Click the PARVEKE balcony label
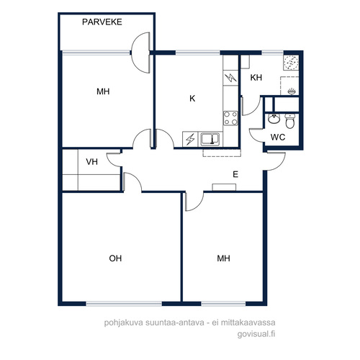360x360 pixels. point(102,22)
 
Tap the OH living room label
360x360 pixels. point(115,258)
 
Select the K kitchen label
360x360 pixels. point(192,99)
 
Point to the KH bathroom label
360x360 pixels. point(256,78)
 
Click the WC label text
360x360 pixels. point(278,138)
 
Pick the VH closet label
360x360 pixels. point(91,162)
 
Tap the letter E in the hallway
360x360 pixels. point(235,174)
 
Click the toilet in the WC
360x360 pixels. point(290,121)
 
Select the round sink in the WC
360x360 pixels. point(274,119)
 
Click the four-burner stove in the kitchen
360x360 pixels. point(230,118)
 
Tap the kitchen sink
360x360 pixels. point(210,139)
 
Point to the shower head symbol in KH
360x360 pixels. point(292,91)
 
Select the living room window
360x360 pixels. point(124,304)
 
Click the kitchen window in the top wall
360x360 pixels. point(198,53)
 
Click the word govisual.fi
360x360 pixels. point(256,334)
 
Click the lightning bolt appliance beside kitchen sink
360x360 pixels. point(190,139)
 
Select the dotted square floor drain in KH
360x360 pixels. point(291,62)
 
